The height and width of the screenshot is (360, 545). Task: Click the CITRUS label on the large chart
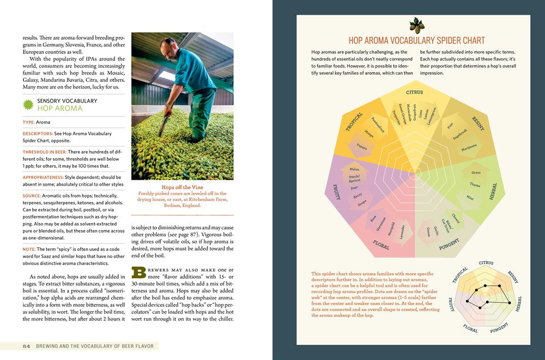tap(414, 93)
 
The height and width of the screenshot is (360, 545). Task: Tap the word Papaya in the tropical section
tap(362, 147)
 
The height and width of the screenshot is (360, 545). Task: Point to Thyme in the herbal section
tap(475, 185)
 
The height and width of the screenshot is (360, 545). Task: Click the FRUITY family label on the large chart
tap(336, 192)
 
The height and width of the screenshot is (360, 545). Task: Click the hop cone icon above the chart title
tap(416, 26)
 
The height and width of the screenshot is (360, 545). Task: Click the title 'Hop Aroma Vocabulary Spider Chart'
tap(416, 40)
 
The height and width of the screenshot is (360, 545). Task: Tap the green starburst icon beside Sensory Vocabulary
tap(28, 104)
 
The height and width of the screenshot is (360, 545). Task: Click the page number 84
tap(26, 346)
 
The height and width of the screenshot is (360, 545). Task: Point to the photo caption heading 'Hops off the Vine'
tap(183, 187)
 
